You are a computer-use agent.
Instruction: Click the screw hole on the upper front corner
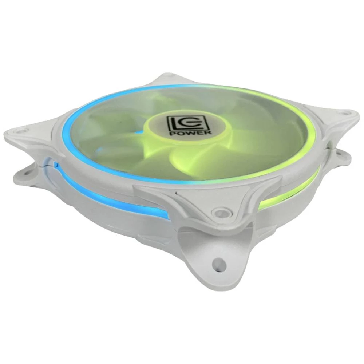218,212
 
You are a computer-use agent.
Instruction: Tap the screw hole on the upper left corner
21,130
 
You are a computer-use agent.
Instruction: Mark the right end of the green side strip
317,171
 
